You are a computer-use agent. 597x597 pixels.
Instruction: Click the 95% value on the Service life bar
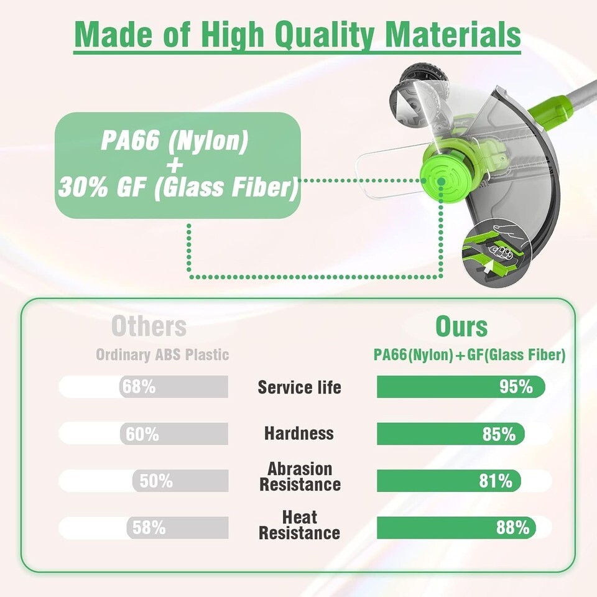pyautogui.click(x=516, y=386)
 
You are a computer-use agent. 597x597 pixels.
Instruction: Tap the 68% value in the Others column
pyautogui.click(x=139, y=386)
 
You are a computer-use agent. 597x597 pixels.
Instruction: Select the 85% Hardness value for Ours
pyautogui.click(x=499, y=433)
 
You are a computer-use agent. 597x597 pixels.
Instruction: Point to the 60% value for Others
pyautogui.click(x=142, y=433)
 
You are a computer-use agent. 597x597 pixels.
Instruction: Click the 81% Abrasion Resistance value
pyautogui.click(x=496, y=481)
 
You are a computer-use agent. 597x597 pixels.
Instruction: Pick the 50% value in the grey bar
pyautogui.click(x=156, y=481)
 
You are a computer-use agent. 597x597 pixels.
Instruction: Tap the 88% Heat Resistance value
pyautogui.click(x=512, y=528)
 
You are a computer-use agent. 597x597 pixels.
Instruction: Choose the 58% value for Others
pyautogui.click(x=149, y=528)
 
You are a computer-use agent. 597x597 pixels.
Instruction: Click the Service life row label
pyautogui.click(x=299, y=387)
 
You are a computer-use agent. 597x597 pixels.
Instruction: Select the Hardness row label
pyautogui.click(x=299, y=433)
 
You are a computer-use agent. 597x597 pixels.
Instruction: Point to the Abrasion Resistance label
pyautogui.click(x=300, y=477)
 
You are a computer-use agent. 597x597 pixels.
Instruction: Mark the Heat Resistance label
pyautogui.click(x=299, y=525)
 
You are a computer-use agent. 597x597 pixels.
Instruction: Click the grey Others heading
pyautogui.click(x=149, y=326)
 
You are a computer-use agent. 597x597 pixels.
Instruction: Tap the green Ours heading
pyautogui.click(x=461, y=326)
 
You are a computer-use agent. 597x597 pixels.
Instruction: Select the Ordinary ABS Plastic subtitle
pyautogui.click(x=162, y=354)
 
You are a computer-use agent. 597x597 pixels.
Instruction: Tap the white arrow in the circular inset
pyautogui.click(x=488, y=267)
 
